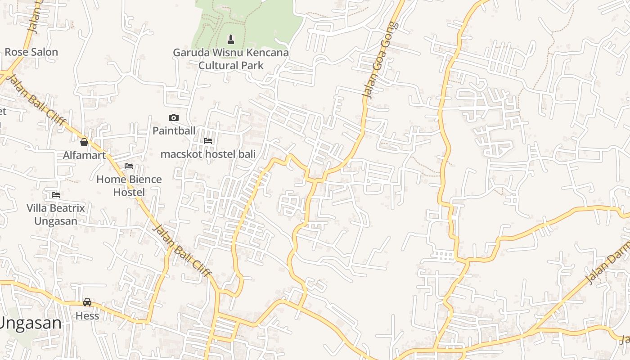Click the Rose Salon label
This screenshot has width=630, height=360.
31,52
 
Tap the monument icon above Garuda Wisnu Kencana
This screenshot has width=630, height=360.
231,40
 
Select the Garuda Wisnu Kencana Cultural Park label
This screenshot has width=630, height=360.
231,59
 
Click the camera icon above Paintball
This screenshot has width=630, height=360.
173,118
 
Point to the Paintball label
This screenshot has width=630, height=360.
174,131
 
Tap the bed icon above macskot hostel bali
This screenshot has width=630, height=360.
208,141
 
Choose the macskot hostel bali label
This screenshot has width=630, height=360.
208,154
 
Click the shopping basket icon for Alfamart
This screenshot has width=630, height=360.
84,143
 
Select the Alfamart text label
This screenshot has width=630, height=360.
84,156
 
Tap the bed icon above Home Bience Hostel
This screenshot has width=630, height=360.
129,166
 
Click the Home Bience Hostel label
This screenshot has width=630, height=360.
129,186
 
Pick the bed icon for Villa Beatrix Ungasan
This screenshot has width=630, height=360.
56,195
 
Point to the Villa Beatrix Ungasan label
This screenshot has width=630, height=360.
56,215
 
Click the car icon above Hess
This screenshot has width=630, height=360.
87,302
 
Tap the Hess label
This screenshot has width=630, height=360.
87,316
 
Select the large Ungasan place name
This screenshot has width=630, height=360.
31,323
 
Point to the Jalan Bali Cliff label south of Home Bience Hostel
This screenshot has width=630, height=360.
182,250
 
